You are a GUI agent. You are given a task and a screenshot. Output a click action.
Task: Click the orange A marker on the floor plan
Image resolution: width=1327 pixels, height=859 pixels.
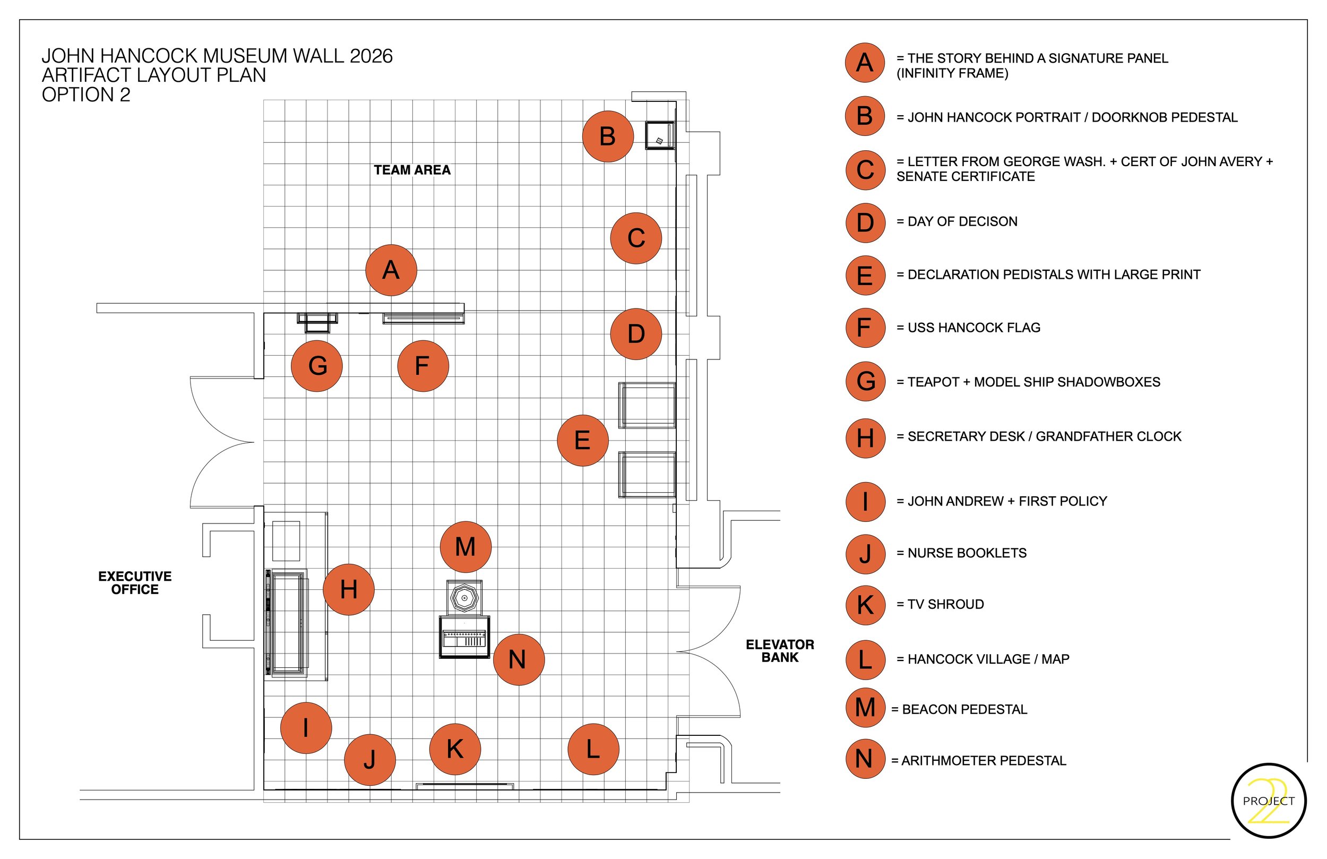pos(391,270)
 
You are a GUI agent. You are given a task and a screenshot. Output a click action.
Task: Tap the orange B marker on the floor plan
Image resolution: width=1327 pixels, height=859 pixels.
pos(608,136)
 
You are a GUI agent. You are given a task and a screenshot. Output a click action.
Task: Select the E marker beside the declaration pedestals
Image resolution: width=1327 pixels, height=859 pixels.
pos(583,440)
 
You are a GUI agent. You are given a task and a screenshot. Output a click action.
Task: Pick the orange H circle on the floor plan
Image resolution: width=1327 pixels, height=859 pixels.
pos(349,590)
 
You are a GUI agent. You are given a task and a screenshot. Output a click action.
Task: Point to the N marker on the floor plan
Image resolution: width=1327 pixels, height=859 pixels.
pos(519,659)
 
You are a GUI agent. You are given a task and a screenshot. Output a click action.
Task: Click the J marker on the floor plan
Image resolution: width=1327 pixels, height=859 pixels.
pos(369,760)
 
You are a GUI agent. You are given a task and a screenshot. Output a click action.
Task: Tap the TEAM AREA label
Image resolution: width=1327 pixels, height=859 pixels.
pos(412,170)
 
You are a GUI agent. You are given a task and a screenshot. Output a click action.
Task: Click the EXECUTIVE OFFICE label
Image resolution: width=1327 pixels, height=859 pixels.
pos(135,583)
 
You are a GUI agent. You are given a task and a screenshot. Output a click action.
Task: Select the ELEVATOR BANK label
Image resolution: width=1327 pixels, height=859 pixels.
pos(780,651)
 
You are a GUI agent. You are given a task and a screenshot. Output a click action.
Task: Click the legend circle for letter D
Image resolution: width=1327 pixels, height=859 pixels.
pos(865,222)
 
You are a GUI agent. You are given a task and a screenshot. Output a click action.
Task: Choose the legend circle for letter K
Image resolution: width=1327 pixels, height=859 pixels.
pos(865,605)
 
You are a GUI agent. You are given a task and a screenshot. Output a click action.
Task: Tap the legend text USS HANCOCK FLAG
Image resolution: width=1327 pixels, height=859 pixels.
pos(974,328)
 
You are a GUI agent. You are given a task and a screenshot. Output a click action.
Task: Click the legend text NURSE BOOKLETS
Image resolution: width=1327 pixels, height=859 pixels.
pos(967,553)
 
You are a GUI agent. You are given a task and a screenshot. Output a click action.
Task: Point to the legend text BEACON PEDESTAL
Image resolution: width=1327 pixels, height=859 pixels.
pos(964,709)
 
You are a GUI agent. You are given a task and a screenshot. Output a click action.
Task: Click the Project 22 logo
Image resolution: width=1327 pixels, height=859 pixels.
pos(1269,801)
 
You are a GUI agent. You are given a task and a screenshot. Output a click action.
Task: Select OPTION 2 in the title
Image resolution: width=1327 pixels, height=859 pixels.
pos(86,95)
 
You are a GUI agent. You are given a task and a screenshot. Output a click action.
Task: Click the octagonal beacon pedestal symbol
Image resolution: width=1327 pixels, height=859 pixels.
pos(464,598)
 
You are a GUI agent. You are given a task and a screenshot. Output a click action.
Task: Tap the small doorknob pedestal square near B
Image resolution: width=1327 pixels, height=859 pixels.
pos(660,135)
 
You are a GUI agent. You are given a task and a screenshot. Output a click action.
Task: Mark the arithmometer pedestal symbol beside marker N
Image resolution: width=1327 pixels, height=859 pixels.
pos(464,638)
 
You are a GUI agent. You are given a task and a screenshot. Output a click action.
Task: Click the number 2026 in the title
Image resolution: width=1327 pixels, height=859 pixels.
pos(371,56)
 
